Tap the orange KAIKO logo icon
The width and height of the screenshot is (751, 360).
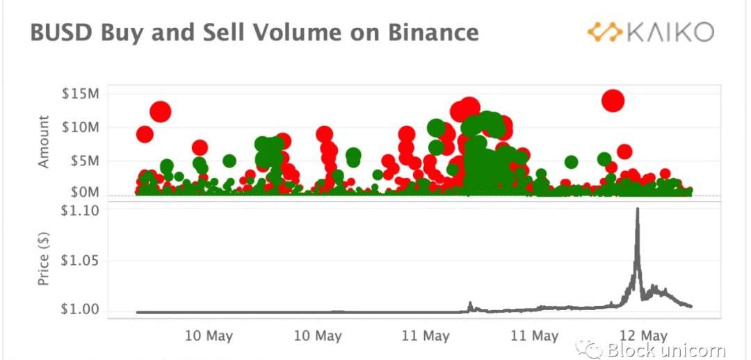pos(604,32)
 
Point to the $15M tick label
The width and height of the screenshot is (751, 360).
pos(79,94)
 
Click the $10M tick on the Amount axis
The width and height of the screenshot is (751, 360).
pos(79,127)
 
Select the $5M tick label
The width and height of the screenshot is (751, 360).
pos(83,161)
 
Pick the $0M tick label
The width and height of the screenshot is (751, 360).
pos(83,191)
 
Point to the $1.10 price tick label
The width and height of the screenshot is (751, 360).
pos(81,209)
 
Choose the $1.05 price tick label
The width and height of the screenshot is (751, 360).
pos(81,261)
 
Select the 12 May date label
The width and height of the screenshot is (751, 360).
pos(643,336)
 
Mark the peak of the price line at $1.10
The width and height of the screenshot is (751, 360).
pos(637,209)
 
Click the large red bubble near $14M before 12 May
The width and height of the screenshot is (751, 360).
pos(613,101)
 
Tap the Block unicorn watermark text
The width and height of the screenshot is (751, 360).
pos(666,350)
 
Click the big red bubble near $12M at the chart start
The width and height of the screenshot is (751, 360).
pos(161,111)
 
